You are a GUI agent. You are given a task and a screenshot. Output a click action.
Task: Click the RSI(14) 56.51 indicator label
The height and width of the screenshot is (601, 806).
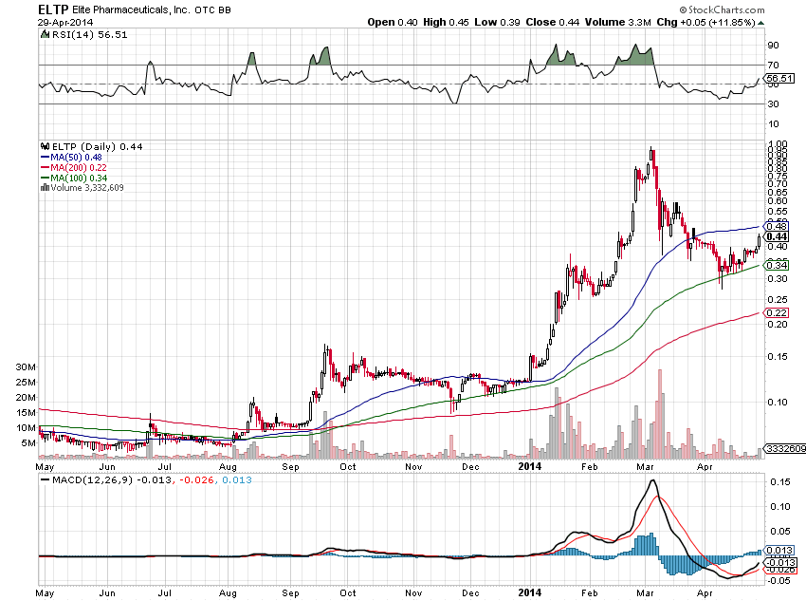tap(82, 34)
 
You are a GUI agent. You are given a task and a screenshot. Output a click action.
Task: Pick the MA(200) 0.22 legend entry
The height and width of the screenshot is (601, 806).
tap(77, 167)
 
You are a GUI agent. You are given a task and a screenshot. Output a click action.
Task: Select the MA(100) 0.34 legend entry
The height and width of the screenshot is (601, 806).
tap(77, 178)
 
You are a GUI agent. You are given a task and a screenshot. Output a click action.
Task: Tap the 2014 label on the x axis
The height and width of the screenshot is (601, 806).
tap(529, 467)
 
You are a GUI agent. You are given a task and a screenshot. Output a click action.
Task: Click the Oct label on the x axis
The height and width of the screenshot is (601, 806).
tap(348, 467)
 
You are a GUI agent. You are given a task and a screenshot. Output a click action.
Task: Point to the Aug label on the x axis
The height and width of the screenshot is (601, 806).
tap(229, 467)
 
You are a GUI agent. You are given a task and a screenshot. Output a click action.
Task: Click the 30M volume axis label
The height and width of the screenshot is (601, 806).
tap(27, 366)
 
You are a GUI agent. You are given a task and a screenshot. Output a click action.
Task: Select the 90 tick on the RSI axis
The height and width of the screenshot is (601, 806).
tap(773, 45)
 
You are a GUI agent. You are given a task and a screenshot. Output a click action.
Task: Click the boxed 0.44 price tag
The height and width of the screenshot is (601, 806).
tap(778, 237)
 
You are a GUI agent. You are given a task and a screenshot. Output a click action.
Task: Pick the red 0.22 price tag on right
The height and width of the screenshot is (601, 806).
tap(778, 313)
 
